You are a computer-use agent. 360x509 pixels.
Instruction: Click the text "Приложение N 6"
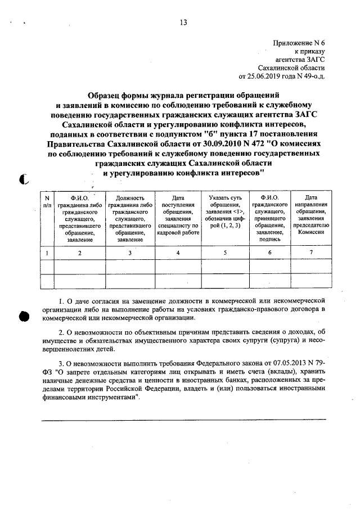(x=298, y=43)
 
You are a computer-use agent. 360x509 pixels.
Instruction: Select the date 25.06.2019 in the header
(x=263, y=75)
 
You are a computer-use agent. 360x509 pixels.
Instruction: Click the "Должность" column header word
(x=129, y=198)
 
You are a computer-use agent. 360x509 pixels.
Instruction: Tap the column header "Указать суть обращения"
(x=224, y=202)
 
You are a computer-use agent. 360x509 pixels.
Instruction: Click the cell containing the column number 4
(x=178, y=253)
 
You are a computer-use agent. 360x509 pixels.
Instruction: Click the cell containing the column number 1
(x=47, y=253)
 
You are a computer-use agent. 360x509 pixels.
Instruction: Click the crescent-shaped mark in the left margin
(x=23, y=179)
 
